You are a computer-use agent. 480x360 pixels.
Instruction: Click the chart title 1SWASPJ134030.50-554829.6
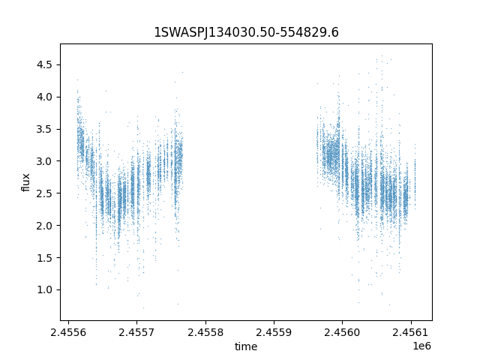[x=246, y=32]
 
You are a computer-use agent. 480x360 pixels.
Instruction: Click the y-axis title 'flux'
[x=25, y=182]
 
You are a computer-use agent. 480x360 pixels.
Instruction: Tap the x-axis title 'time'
[x=246, y=346]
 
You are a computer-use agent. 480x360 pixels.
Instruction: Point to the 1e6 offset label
[x=421, y=346]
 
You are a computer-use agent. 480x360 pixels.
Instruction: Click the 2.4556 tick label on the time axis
[x=68, y=331]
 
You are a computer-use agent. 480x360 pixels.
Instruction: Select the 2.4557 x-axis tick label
[x=136, y=331]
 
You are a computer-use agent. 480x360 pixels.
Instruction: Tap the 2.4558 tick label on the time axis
[x=205, y=331]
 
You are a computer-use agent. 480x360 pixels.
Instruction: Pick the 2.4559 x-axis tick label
[x=274, y=331]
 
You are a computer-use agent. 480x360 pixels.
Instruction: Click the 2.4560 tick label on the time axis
[x=343, y=331]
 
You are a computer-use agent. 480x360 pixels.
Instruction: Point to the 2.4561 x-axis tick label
[x=411, y=331]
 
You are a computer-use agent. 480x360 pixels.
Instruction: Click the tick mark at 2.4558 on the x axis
[x=205, y=322]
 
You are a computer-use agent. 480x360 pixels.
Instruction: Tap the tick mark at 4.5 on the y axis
[x=58, y=65]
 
